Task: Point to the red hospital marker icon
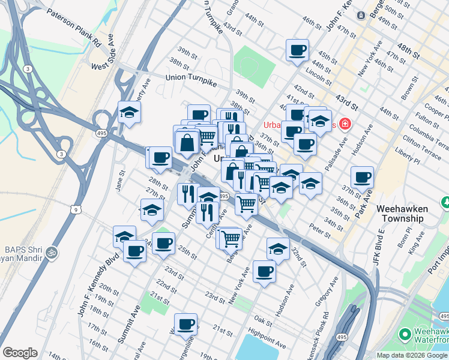345,124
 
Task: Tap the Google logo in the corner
19,353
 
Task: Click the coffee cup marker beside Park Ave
363,176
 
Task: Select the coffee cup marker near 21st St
185,324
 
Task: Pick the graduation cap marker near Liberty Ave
129,112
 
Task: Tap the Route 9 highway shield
73,209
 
